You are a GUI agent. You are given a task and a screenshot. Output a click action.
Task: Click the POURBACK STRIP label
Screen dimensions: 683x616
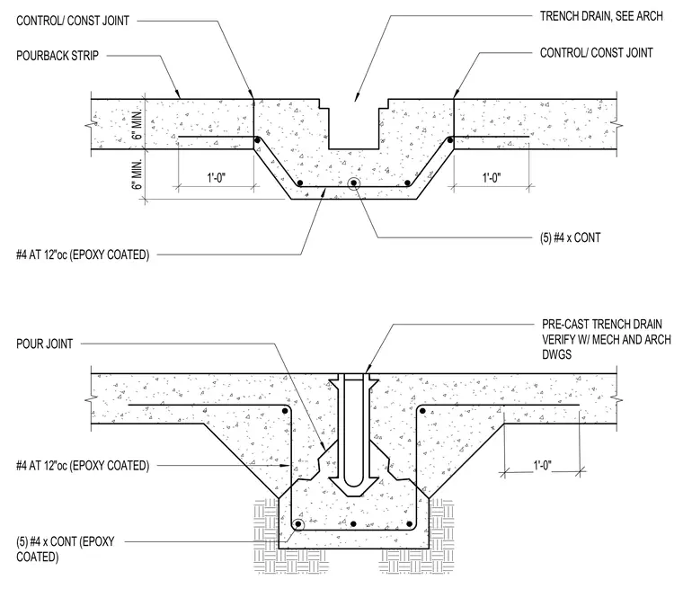(58, 56)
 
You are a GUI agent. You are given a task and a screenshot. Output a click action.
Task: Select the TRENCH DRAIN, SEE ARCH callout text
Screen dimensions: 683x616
(601, 16)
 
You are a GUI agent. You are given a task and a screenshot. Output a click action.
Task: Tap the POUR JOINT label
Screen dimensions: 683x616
(44, 344)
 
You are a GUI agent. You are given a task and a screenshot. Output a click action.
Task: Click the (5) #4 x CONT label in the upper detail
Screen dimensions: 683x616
(570, 237)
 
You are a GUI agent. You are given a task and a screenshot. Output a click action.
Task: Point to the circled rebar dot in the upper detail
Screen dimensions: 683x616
(354, 183)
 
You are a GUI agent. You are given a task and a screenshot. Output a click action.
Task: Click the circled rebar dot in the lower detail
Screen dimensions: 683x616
(298, 524)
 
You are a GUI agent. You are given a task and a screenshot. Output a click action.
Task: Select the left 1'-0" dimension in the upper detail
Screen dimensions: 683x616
(216, 178)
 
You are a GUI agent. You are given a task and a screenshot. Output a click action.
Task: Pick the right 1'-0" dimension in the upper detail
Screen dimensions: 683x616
(492, 178)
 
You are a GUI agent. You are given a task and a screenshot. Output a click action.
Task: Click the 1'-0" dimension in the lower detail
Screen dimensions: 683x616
(542, 466)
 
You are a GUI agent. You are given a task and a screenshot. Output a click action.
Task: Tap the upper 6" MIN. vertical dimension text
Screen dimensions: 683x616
(137, 125)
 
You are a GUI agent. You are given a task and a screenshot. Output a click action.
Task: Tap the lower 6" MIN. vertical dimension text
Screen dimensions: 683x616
(137, 174)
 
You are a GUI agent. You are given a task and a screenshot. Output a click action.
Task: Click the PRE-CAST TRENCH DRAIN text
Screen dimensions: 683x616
(602, 325)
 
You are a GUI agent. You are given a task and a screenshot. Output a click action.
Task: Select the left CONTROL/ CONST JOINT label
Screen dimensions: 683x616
(73, 21)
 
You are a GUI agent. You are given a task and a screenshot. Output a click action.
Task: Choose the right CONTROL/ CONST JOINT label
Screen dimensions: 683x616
(597, 53)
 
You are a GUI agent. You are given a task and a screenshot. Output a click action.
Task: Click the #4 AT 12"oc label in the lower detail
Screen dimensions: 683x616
(83, 466)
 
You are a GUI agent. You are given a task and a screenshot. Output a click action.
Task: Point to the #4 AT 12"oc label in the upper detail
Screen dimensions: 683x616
(83, 254)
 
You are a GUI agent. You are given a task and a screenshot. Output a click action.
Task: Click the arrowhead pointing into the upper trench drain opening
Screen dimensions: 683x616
(356, 98)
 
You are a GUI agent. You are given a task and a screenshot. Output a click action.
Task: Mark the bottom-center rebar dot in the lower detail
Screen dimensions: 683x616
(354, 524)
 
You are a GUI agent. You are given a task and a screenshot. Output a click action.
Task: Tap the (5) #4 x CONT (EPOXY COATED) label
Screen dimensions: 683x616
(66, 549)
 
